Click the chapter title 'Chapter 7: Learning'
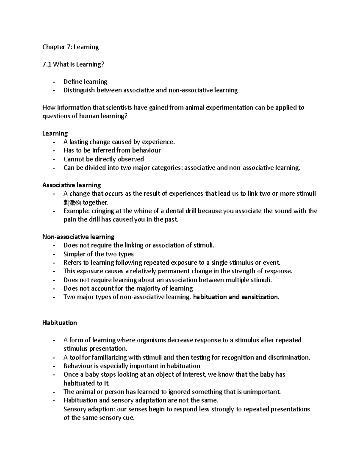pyautogui.click(x=70, y=47)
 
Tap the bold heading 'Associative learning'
pyautogui.click(x=72, y=185)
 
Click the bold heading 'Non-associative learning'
pyautogui.click(x=78, y=237)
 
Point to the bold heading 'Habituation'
pyautogui.click(x=60, y=323)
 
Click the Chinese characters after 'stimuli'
pyautogui.click(x=72, y=203)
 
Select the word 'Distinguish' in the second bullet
pyautogui.click(x=79, y=90)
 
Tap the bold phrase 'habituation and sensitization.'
pyautogui.click(x=236, y=297)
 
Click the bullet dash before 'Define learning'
pyautogui.click(x=54, y=82)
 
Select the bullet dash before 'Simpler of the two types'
pyautogui.click(x=54, y=254)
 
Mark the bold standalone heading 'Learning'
pyautogui.click(x=55, y=133)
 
